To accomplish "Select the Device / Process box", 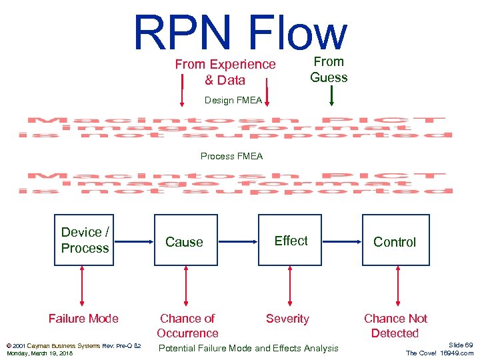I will (84, 240).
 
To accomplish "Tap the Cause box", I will (184, 240).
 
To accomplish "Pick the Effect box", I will (290, 240).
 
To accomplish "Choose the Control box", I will (394, 240).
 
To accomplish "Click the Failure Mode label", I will (83, 319).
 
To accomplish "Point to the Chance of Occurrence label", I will (187, 326).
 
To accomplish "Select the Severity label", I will (287, 319).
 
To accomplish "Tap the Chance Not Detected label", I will (395, 326).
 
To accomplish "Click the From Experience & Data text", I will (225, 72).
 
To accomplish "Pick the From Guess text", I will (329, 69).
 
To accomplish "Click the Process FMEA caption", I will (232, 157).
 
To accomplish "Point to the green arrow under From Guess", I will (331, 97).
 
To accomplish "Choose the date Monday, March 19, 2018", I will (39, 353).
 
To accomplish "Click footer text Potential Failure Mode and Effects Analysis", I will (248, 348).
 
